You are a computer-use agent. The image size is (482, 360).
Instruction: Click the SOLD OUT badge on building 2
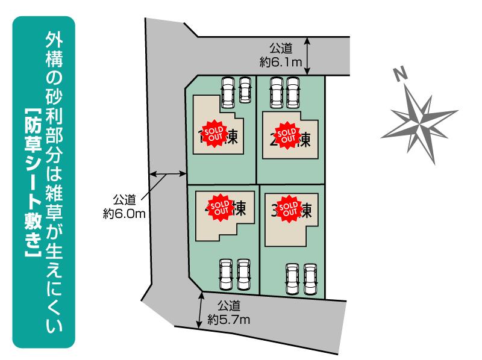286,134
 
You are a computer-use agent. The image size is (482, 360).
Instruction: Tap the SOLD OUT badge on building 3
289,206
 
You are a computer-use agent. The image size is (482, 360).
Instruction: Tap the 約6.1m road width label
281,55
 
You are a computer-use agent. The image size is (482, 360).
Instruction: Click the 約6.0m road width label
125,206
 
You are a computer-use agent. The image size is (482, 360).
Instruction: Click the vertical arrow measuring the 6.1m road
307,55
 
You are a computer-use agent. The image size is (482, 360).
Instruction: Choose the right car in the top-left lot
245,90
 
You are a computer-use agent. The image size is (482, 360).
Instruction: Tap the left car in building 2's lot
277,92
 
